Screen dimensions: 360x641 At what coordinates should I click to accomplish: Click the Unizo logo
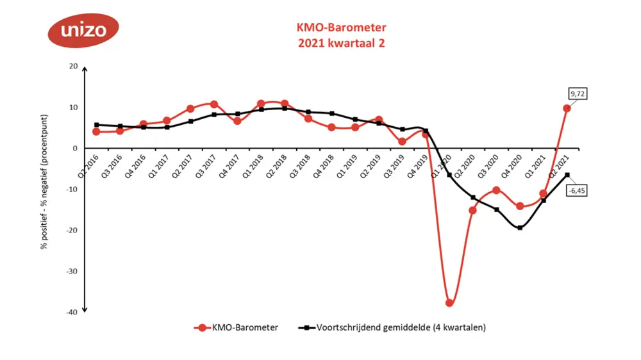pyautogui.click(x=82, y=30)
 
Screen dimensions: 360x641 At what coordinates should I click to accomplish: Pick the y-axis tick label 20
pyautogui.click(x=72, y=66)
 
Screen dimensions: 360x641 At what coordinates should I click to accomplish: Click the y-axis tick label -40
pyautogui.click(x=71, y=312)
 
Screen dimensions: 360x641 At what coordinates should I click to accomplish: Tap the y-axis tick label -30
pyautogui.click(x=71, y=271)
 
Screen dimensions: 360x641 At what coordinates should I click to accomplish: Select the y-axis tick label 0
pyautogui.click(x=74, y=148)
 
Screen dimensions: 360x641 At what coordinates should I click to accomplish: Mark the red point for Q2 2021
pyautogui.click(x=567, y=108)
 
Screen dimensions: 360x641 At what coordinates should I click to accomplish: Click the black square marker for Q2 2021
pyautogui.click(x=567, y=175)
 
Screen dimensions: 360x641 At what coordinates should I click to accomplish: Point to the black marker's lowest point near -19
pyautogui.click(x=520, y=227)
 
